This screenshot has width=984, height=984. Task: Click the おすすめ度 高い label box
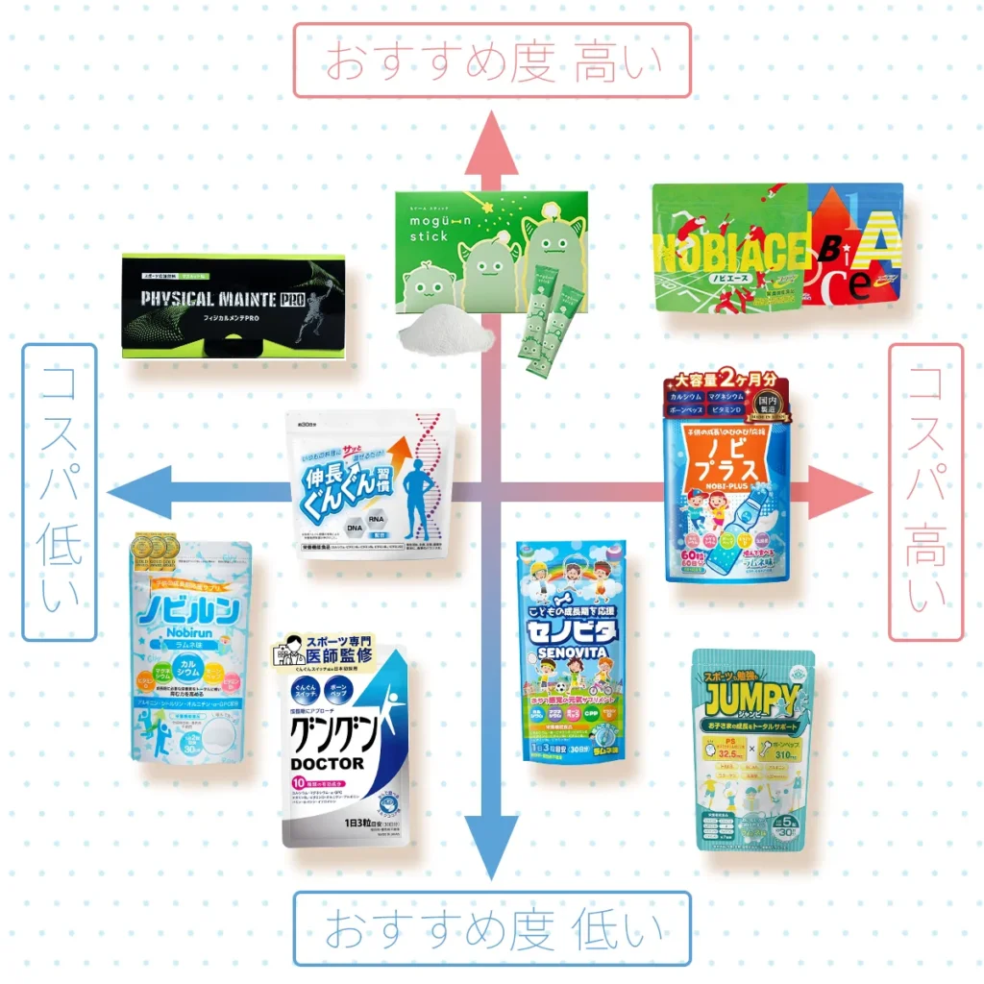(x=492, y=61)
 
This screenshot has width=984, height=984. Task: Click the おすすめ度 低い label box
(x=492, y=928)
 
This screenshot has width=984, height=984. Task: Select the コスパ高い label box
(x=925, y=491)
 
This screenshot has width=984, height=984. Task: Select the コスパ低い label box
(x=59, y=491)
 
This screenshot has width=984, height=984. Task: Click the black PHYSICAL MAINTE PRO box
(x=234, y=306)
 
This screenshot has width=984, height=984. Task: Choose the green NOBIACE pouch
(x=730, y=248)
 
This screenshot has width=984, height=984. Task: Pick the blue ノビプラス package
(x=726, y=480)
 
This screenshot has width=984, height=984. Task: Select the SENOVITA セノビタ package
(x=571, y=650)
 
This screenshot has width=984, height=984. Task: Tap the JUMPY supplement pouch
(x=753, y=750)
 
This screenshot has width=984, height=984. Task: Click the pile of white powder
(x=446, y=336)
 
